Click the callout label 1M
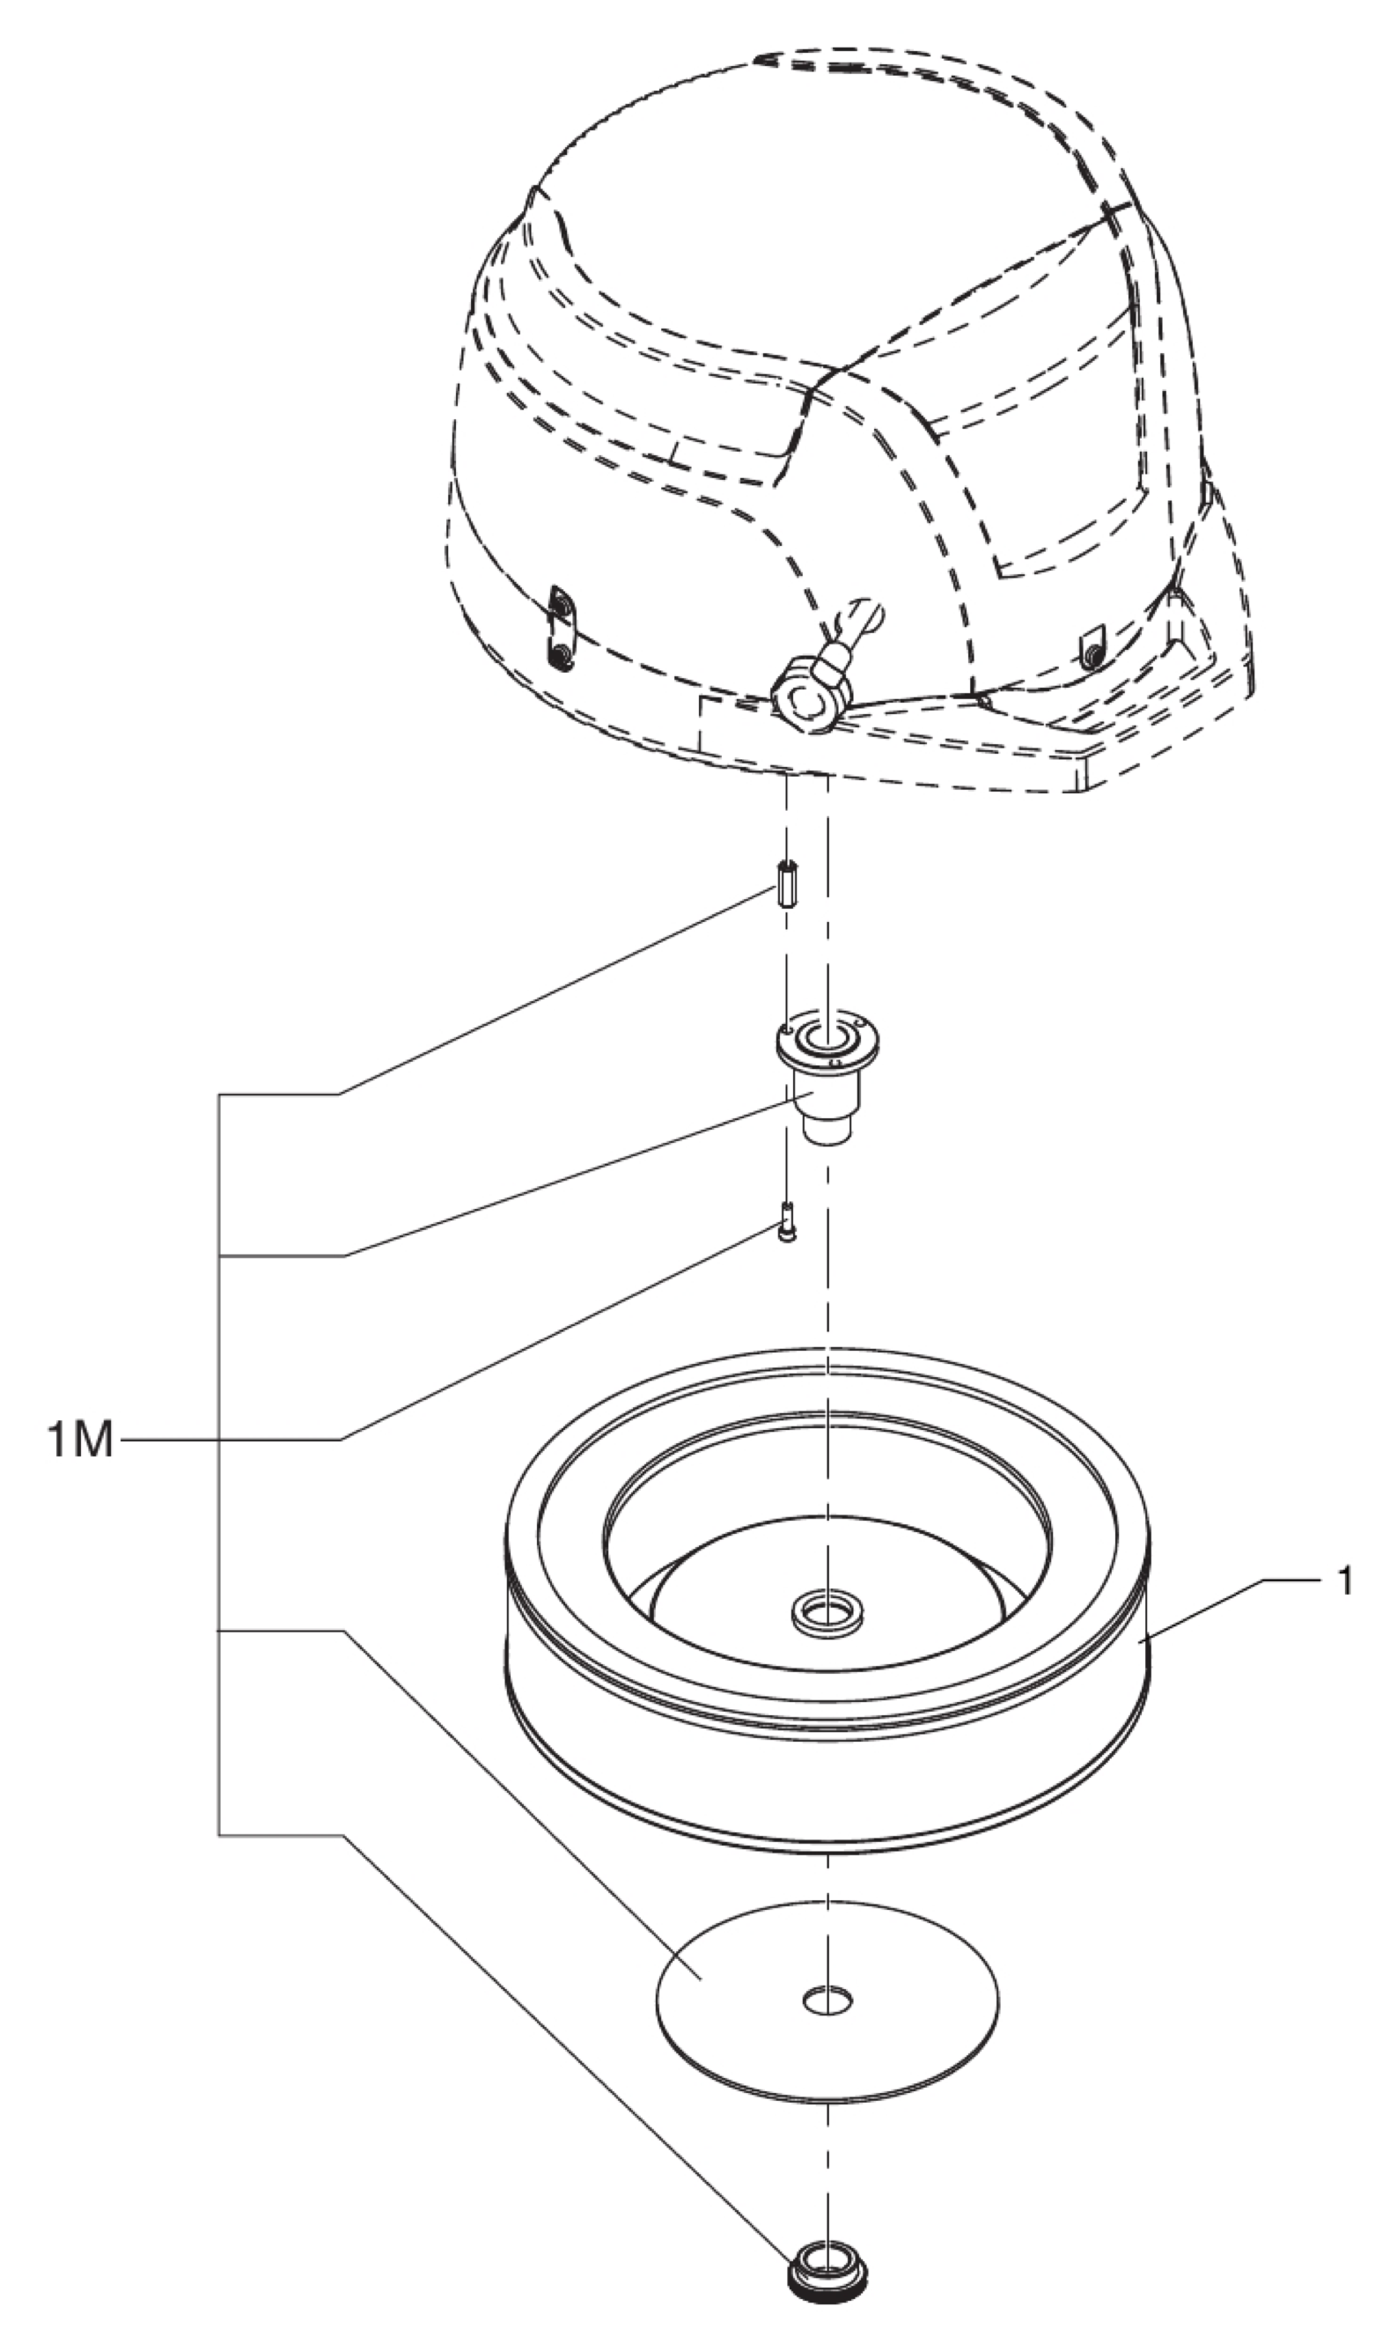80,1440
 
